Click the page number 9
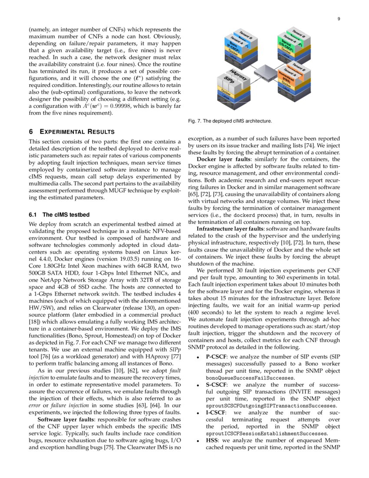click(338, 19)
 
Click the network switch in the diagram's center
click(266, 72)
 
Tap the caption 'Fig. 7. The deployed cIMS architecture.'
click(230, 121)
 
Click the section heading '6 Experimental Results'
click(72, 132)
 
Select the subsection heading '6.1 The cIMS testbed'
click(59, 215)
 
